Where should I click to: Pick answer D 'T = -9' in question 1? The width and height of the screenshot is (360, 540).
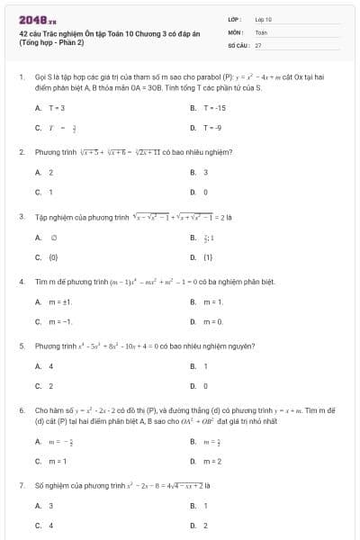[x=211, y=127]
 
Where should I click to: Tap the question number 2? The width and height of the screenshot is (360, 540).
[x=22, y=152]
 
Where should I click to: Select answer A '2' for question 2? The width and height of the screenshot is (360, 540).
[x=50, y=172]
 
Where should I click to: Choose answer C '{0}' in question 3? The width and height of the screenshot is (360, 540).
[x=53, y=257]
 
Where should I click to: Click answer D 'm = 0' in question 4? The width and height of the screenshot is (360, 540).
[x=212, y=321]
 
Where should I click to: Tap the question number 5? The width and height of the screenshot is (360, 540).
[x=22, y=345]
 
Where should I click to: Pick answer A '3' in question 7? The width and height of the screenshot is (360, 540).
[x=50, y=506]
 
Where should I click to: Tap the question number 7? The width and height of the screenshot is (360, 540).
[x=22, y=485]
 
